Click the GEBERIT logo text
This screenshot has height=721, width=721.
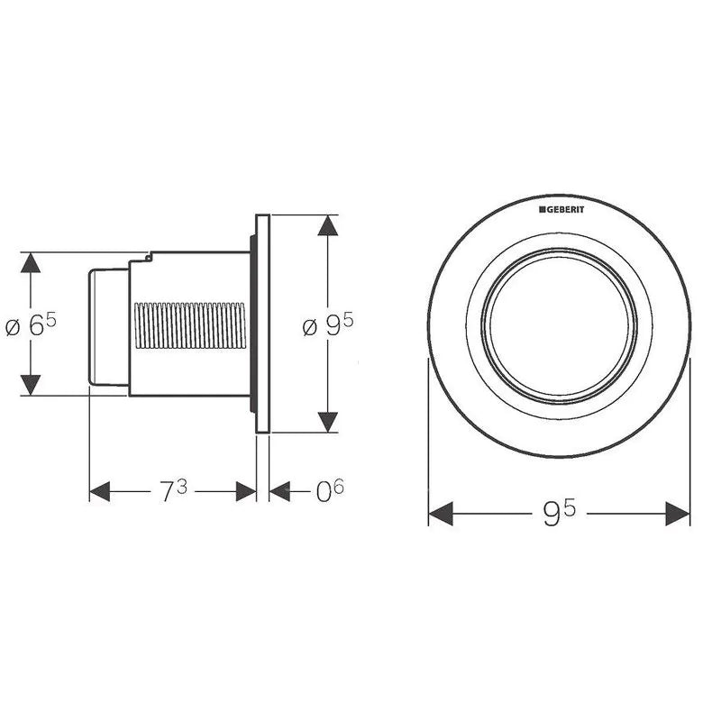tap(561, 210)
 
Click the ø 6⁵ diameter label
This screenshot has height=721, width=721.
tap(31, 324)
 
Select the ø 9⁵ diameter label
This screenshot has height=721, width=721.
tap(328, 324)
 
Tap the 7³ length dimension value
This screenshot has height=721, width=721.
tap(173, 490)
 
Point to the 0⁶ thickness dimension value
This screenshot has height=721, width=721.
tap(329, 490)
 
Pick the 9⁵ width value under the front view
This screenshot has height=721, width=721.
tap(559, 513)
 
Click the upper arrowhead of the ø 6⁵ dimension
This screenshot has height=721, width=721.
tap(31, 262)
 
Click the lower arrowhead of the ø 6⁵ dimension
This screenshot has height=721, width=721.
tap(31, 385)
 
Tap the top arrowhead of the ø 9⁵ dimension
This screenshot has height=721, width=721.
tap(328, 225)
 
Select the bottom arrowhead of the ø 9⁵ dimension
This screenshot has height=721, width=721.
tap(328, 422)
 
